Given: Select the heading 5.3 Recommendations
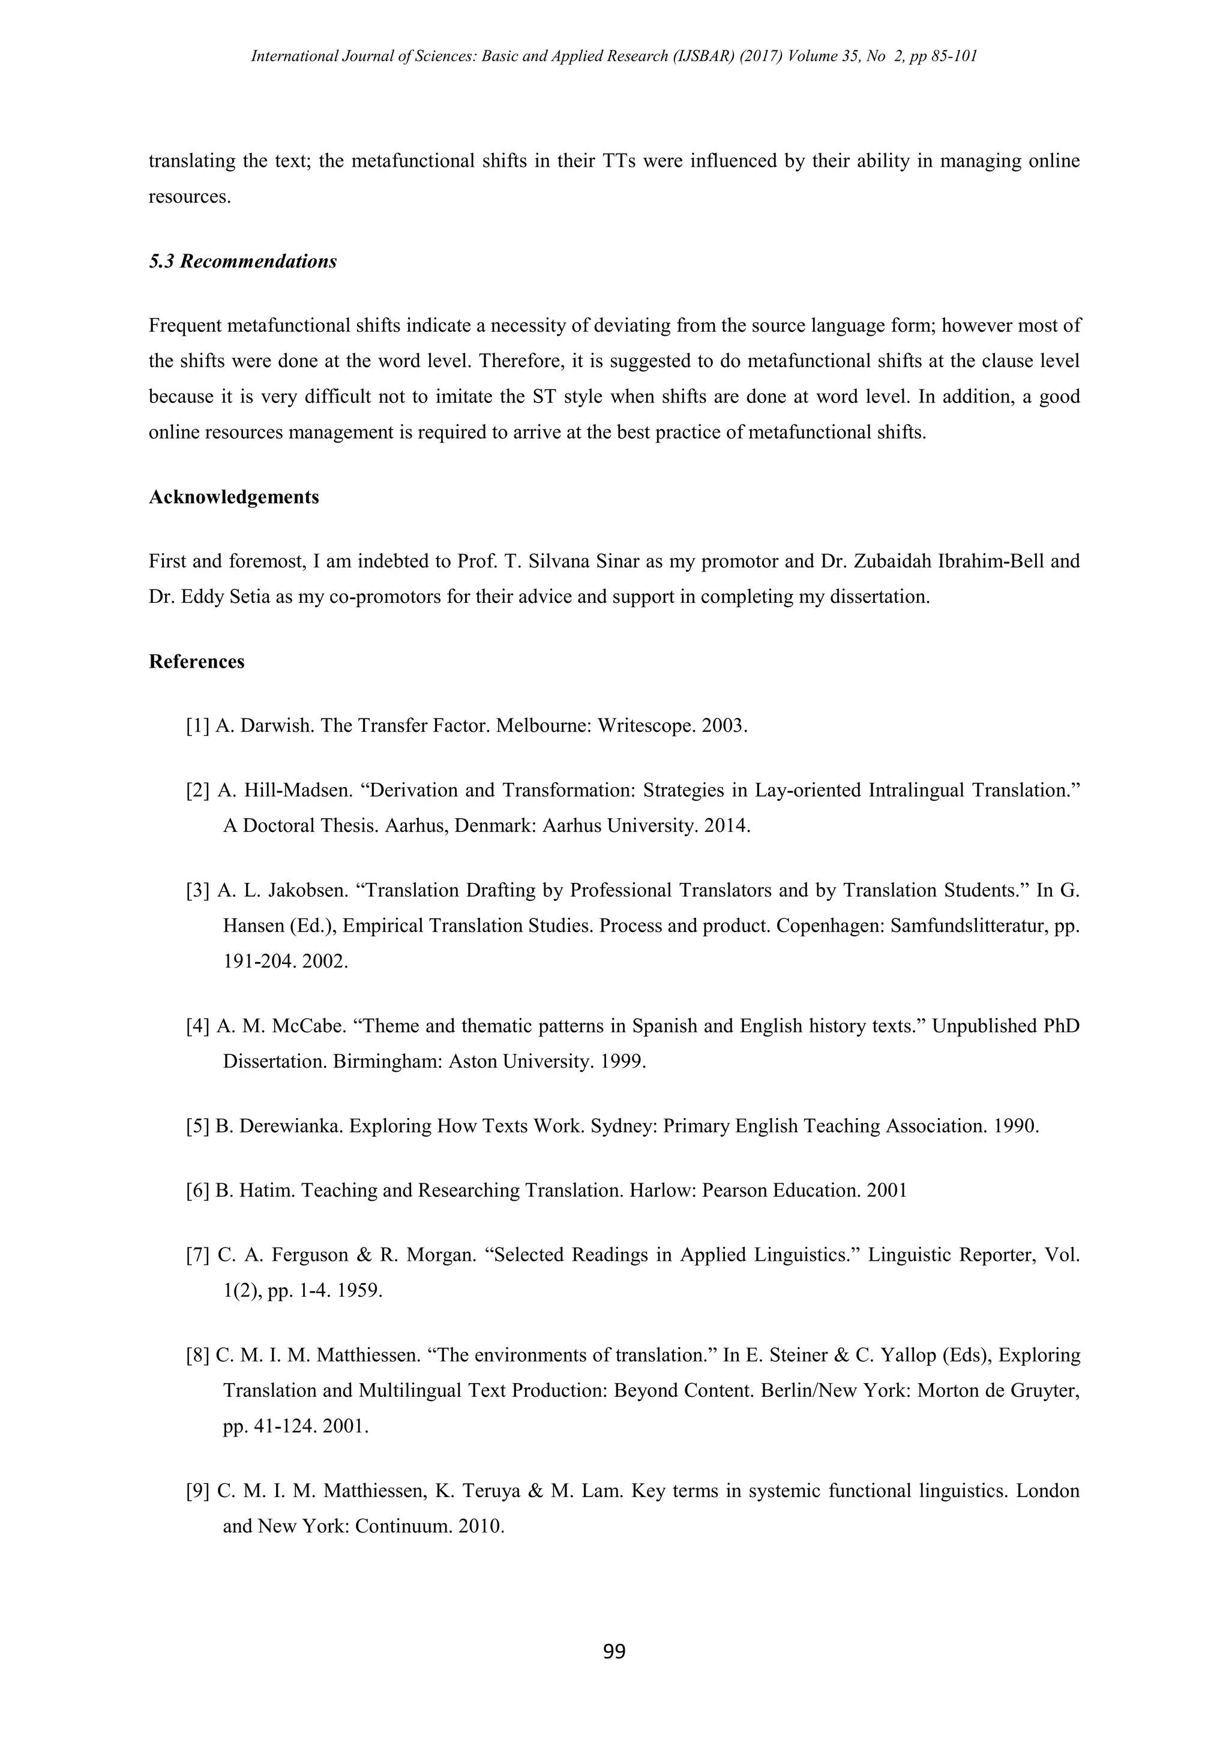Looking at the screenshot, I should click(243, 262).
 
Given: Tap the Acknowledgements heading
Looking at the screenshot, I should click(234, 497).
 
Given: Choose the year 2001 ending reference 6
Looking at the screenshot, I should click(887, 1190).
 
